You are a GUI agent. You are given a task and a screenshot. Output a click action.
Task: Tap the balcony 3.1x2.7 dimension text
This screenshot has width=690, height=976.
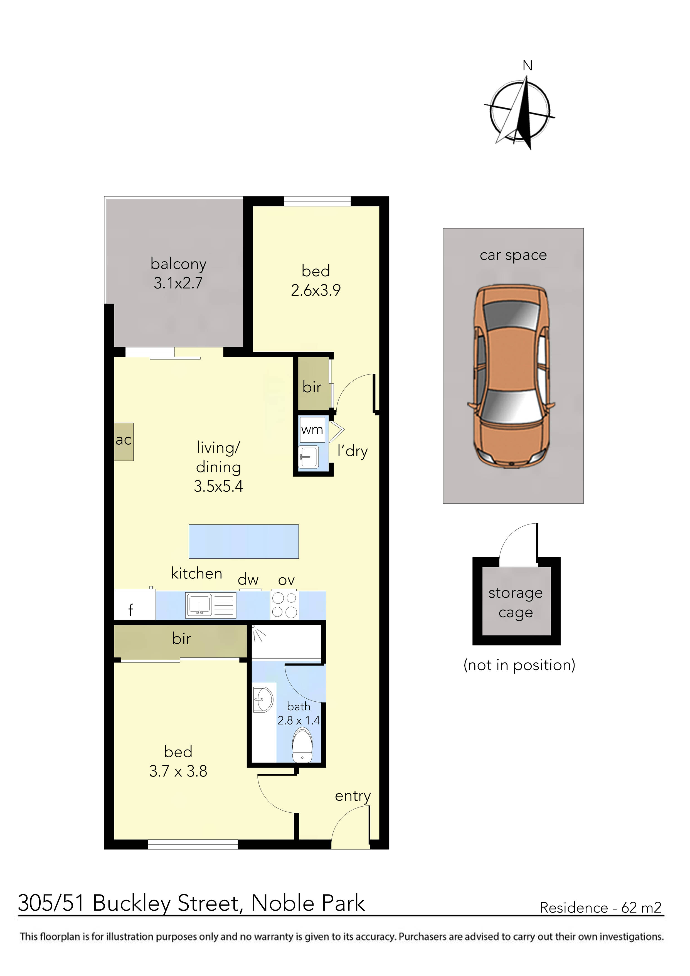(178, 283)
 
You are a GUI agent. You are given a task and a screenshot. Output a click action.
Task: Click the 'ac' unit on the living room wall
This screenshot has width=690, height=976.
(123, 441)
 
